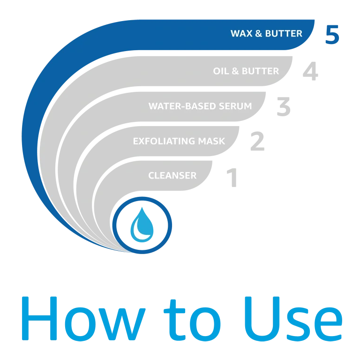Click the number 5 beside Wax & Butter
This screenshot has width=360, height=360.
(x=332, y=34)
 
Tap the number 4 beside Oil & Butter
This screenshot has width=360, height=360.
(x=310, y=71)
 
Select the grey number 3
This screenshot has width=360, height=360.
(x=284, y=106)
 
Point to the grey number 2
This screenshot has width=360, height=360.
(x=257, y=141)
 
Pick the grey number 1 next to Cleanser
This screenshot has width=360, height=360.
(x=232, y=178)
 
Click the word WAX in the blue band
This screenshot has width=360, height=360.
(x=241, y=34)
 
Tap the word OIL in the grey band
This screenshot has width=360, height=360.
(x=221, y=71)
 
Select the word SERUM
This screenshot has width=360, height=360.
(x=235, y=106)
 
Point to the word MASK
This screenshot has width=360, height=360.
(x=211, y=141)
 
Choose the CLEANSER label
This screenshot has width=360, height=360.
(x=172, y=176)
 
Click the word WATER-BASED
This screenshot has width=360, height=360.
(x=182, y=106)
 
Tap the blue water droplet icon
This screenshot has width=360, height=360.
(x=142, y=225)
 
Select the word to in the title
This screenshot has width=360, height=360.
(x=192, y=320)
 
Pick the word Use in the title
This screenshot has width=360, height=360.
(x=293, y=319)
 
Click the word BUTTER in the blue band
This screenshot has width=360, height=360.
(x=284, y=34)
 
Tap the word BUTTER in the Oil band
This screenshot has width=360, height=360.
(x=260, y=71)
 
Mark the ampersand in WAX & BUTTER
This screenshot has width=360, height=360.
(x=259, y=34)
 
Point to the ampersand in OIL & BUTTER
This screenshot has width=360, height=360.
(x=235, y=71)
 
